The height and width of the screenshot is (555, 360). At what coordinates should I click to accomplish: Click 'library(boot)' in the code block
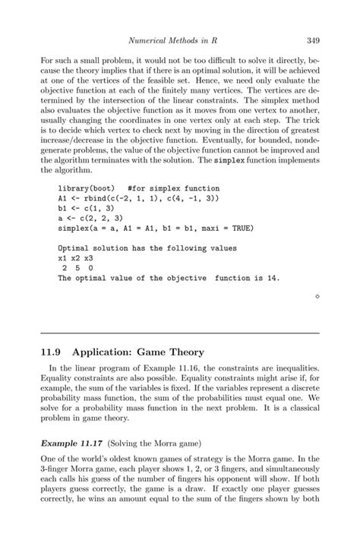pyautogui.click(x=84, y=188)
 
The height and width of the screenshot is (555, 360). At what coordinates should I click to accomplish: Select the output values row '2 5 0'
pyautogui.click(x=77, y=268)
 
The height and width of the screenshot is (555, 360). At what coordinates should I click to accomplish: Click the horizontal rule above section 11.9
pyautogui.click(x=179, y=332)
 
